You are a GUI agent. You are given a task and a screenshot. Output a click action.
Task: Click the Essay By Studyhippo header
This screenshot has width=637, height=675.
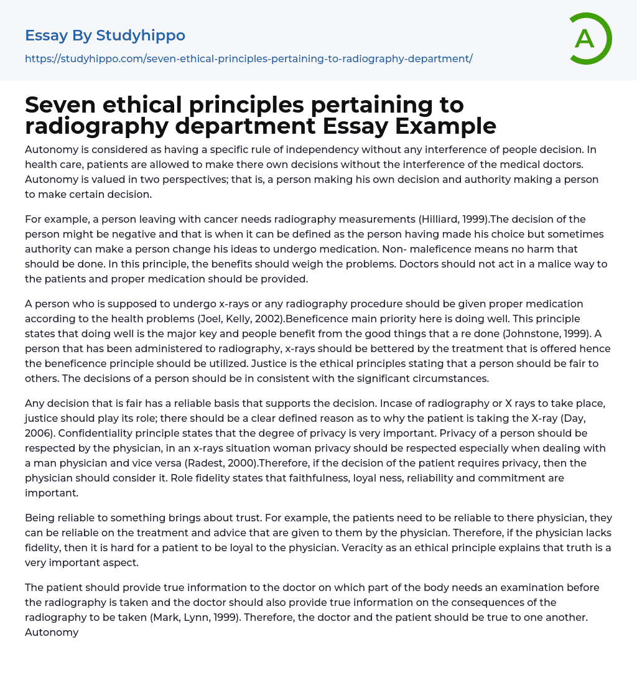105,35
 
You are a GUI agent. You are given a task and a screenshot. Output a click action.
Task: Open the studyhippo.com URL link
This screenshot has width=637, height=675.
249,58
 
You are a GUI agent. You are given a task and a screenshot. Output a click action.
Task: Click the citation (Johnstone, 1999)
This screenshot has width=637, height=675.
548,333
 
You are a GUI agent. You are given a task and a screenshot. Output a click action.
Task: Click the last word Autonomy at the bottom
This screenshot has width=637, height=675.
52,632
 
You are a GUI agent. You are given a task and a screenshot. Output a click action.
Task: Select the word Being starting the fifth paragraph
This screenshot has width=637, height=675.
39,518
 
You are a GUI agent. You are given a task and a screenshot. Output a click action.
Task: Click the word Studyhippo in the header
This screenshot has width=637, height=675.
141,35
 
